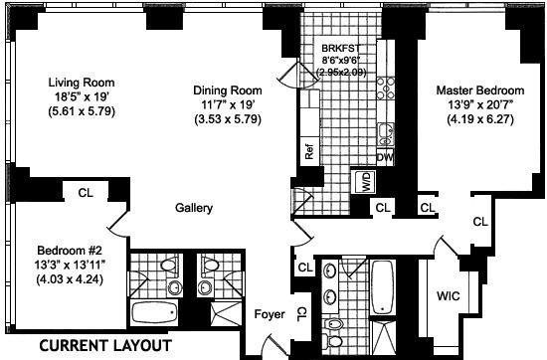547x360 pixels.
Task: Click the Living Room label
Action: pos(82,83)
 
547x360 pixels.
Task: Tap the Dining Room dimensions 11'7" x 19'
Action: pos(228,104)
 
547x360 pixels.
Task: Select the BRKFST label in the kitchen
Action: pos(340,48)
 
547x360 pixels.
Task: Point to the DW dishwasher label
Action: pos(385,158)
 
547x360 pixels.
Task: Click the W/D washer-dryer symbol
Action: pos(365,181)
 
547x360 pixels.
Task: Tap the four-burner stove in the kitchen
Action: pos(386,89)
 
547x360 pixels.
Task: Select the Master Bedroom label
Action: pos(480,90)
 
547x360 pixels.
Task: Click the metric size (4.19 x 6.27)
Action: pos(480,119)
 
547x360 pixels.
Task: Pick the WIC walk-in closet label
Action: pos(449,296)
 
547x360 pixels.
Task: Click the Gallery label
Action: pos(194,208)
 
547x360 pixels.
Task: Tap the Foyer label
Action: pos(270,314)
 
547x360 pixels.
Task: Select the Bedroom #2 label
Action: pos(70,251)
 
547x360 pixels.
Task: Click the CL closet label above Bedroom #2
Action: pos(86,193)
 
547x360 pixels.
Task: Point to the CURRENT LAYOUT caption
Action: pos(105,346)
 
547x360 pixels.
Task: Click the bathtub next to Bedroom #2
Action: pos(154,312)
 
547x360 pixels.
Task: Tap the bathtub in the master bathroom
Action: pos(382,287)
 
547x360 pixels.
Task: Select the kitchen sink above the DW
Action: pos(386,134)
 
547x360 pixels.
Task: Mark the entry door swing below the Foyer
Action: pos(276,344)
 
